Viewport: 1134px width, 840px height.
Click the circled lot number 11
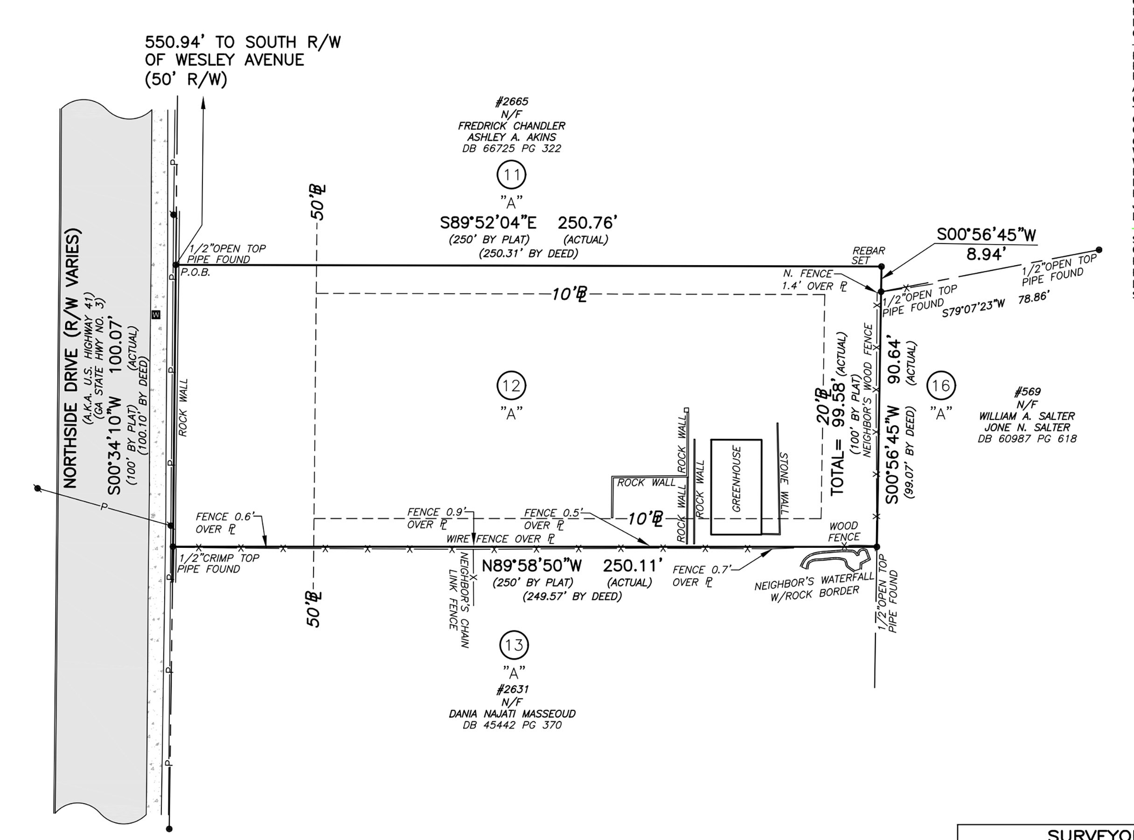(x=511, y=175)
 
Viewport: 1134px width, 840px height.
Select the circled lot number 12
(x=511, y=386)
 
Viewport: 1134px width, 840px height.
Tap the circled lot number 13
(x=515, y=645)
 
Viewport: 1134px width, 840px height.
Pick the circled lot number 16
(x=941, y=386)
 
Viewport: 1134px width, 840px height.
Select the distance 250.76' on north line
(x=588, y=223)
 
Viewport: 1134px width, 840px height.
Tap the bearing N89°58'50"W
(x=532, y=566)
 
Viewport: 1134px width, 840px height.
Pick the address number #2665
(x=511, y=102)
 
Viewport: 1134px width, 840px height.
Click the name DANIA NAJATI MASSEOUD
(x=512, y=714)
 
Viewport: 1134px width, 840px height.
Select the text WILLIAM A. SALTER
(x=1027, y=416)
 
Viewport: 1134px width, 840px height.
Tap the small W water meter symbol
(x=156, y=315)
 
